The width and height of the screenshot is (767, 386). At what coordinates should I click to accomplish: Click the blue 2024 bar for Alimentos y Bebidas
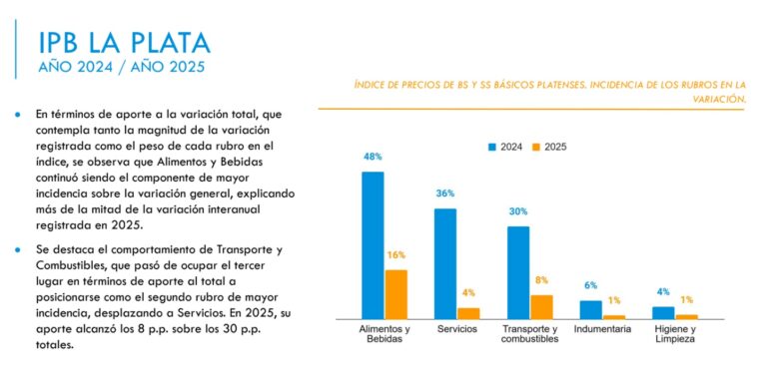[x=373, y=244]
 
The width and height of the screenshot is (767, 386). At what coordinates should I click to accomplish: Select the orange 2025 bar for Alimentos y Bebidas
[x=395, y=293]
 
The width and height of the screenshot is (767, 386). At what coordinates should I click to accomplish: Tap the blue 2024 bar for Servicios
[x=445, y=262]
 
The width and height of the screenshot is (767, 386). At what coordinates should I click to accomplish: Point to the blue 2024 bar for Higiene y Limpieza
[x=663, y=312]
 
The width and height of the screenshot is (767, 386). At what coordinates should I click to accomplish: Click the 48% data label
[x=374, y=157]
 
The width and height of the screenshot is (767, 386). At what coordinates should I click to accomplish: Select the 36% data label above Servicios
[x=445, y=193]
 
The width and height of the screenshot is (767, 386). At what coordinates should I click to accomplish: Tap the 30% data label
[x=518, y=211]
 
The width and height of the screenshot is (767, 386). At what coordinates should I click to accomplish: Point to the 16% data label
[x=395, y=255]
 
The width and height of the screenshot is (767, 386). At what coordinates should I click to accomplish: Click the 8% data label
[x=541, y=280]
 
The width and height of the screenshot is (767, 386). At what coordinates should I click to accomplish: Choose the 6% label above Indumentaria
[x=591, y=285]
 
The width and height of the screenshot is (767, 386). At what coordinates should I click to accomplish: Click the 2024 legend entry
[x=509, y=146]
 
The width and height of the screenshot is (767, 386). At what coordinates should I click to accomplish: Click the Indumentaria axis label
[x=603, y=329]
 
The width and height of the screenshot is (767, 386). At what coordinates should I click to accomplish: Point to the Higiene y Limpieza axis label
[x=675, y=334]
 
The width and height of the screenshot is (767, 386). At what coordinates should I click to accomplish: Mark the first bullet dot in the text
[x=17, y=115]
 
